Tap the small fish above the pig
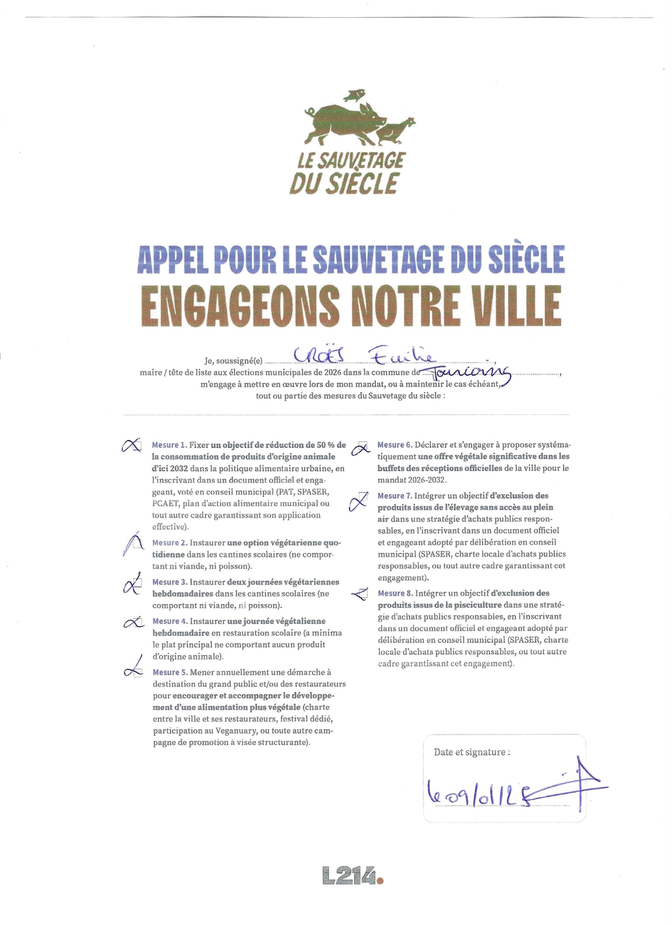354,95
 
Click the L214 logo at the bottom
352,876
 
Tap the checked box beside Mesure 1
135,446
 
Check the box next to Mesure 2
136,543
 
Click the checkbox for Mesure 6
362,446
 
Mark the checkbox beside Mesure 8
362,594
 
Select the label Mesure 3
169,582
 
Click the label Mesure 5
169,672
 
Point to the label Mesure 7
394,496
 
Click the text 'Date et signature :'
471,752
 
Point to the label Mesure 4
169,621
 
